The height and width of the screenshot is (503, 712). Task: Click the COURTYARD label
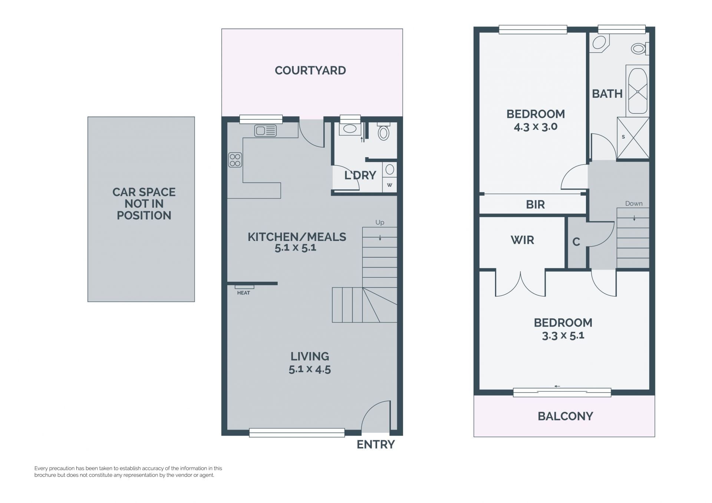pos(310,70)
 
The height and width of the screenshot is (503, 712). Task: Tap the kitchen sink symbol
pos(265,131)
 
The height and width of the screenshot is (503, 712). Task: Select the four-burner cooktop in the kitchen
pos(235,160)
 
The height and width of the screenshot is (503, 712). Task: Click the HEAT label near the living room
pos(244,293)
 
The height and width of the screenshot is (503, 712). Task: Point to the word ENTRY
pos(376,444)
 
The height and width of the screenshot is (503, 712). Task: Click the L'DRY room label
pos(360,175)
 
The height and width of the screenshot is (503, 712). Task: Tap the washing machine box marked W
pos(389,185)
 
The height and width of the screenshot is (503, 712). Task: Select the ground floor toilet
pos(383,131)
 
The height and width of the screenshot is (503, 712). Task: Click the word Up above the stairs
pos(380,222)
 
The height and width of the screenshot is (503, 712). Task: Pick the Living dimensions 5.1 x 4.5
pos(310,369)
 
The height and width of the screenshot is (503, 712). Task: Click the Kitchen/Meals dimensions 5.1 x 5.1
pos(295,248)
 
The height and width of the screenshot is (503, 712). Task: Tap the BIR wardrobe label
pos(535,205)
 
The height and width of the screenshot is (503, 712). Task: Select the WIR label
pos(522,240)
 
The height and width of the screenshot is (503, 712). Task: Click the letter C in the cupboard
pos(576,242)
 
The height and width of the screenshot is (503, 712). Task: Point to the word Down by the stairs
pos(634,203)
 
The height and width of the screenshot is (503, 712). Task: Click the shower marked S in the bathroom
pos(633,138)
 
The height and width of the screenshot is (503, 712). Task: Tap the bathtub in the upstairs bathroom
pos(637,91)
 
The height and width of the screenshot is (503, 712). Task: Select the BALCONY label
pos(565,416)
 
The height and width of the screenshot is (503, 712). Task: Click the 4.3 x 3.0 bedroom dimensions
pos(535,127)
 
